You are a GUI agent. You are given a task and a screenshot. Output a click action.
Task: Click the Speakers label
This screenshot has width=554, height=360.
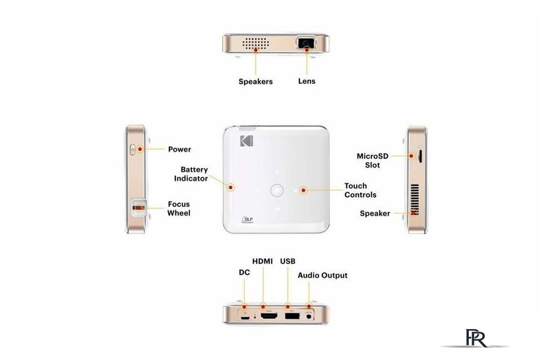point(255,82)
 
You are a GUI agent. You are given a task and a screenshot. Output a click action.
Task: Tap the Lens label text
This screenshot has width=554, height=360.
point(307,81)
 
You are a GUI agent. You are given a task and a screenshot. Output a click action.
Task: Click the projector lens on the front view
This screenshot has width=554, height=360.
point(306,43)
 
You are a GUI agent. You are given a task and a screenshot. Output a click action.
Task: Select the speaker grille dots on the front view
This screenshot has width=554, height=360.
point(255,43)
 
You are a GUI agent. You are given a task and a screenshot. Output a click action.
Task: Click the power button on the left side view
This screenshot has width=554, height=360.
point(133,150)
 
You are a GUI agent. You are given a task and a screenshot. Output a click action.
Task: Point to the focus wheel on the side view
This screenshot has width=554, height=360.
point(139,208)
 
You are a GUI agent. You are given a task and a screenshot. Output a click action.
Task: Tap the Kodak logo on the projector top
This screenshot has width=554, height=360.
point(247,140)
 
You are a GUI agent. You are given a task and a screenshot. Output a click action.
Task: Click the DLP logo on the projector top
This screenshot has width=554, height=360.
point(247,220)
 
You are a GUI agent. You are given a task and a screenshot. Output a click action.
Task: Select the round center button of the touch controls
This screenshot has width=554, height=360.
point(276,190)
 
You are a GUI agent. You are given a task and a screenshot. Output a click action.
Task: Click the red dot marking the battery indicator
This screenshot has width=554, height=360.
point(231,187)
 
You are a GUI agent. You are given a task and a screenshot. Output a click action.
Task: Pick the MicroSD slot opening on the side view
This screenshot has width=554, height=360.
point(419,156)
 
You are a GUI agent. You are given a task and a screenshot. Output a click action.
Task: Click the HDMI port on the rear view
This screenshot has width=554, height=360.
point(269,316)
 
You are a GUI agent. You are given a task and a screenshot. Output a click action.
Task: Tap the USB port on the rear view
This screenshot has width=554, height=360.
point(292,316)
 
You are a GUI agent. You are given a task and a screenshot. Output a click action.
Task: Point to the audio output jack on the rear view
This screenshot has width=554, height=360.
point(309,316)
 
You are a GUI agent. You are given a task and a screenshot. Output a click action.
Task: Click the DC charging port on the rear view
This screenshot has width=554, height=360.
point(245,317)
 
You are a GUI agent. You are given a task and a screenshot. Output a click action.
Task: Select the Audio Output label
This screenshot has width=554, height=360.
point(323,275)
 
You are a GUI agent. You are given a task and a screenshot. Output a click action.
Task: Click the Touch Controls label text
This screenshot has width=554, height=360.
point(360,190)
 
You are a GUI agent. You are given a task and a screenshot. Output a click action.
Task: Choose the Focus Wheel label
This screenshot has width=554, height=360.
point(179,208)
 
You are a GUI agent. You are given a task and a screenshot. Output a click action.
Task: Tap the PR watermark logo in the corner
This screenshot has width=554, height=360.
point(476,338)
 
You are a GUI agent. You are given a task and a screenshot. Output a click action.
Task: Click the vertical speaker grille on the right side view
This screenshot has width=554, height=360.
point(414,199)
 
